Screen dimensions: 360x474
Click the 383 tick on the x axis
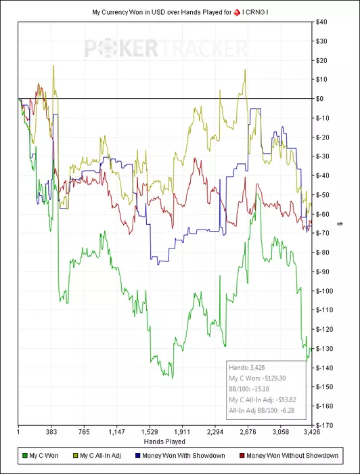(x=51, y=432)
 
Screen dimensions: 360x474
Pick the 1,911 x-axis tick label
(x=182, y=432)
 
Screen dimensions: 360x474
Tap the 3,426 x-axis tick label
(x=312, y=432)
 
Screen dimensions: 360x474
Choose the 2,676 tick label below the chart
(x=248, y=432)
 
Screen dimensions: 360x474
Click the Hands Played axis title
(x=164, y=441)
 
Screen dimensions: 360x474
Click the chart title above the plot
(x=180, y=13)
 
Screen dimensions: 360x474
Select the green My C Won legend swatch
(x=25, y=455)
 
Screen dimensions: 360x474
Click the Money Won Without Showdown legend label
(x=292, y=455)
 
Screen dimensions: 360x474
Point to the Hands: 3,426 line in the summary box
(x=247, y=368)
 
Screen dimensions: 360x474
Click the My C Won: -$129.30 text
(x=257, y=378)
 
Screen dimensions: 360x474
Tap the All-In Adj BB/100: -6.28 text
(x=262, y=410)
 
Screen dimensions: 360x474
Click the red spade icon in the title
(x=237, y=13)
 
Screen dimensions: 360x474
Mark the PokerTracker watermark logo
(x=166, y=48)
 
